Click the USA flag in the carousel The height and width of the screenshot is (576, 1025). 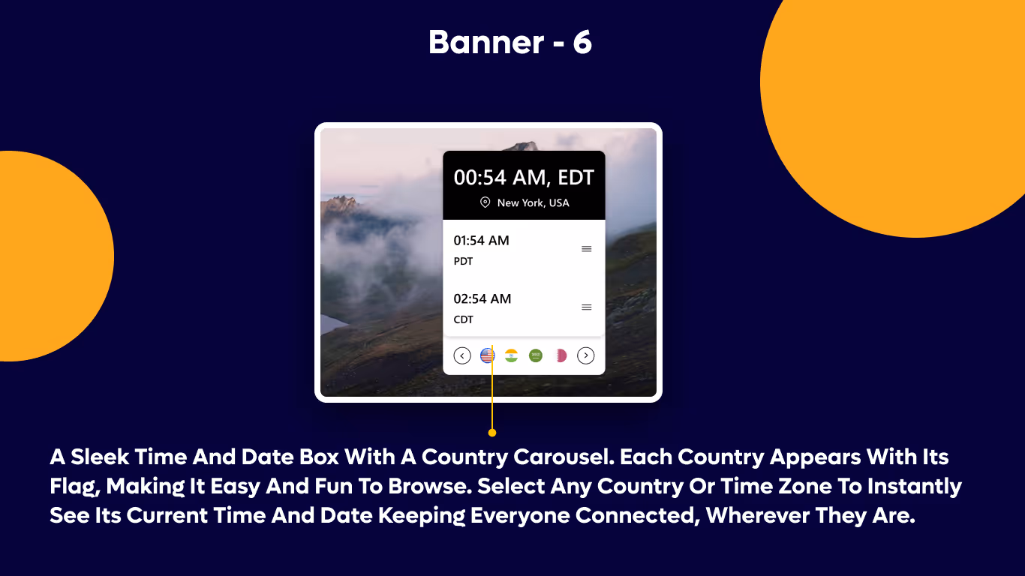click(487, 355)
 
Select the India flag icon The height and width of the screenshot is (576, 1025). click(511, 355)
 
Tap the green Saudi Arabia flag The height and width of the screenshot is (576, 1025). click(535, 355)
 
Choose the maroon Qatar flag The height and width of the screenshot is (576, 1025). click(560, 355)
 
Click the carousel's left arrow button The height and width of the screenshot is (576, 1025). click(462, 355)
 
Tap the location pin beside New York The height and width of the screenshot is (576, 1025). click(485, 202)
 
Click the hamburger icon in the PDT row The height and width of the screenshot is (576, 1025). click(587, 249)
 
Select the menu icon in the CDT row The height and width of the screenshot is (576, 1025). click(587, 307)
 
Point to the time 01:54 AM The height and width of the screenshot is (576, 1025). click(481, 241)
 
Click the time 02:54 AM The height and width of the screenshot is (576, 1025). click(482, 298)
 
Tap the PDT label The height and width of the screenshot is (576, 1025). click(463, 262)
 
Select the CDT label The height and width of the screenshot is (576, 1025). click(463, 319)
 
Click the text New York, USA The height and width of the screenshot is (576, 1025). click(533, 202)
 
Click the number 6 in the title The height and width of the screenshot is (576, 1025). click(582, 43)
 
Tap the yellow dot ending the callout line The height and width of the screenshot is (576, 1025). click(491, 433)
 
